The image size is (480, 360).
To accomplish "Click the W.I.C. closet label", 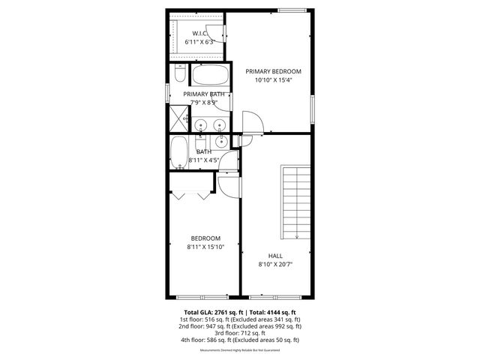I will pos(199,33).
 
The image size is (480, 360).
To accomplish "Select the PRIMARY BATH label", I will pos(204,94).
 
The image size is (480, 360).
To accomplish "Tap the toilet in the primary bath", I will pos(179,75).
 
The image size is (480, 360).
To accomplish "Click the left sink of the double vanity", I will pos(201,124).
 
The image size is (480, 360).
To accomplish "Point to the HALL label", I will pos(275,255).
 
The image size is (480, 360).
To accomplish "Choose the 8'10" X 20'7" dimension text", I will pos(275,264).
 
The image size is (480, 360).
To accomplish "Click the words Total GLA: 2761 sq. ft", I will pos(209,312).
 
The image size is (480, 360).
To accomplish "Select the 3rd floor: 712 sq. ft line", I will pos(240,333).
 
